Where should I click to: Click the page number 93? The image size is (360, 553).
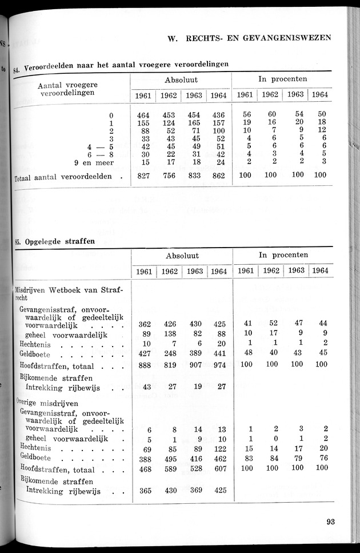click(331, 521)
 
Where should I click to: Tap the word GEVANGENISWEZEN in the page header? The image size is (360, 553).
click(286, 38)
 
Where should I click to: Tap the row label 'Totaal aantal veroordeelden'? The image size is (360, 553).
click(63, 177)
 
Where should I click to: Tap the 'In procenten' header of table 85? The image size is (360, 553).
click(282, 255)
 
